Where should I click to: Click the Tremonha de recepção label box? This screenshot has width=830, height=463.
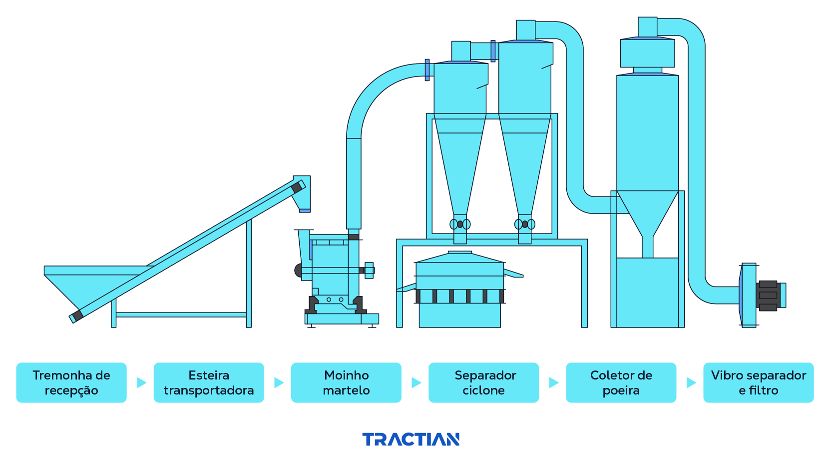[x=71, y=382]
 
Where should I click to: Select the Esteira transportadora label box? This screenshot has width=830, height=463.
[x=209, y=382]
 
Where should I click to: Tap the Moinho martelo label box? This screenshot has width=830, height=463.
[x=346, y=382]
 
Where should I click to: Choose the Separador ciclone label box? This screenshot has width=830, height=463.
[x=483, y=382]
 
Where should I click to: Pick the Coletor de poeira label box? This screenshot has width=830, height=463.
[x=621, y=382]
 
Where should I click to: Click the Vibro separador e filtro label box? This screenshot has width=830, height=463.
[x=758, y=382]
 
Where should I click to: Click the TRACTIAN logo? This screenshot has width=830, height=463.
[x=411, y=439]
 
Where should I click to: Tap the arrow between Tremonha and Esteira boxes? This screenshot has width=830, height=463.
[x=141, y=382]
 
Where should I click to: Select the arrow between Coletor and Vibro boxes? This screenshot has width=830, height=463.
[x=691, y=382]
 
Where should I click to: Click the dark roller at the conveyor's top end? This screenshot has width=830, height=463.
[x=297, y=187]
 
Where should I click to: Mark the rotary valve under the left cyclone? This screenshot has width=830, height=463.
[x=460, y=224]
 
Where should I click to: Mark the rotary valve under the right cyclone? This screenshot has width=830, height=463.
[x=525, y=224]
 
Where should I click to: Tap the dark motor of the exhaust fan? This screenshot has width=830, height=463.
[x=768, y=295]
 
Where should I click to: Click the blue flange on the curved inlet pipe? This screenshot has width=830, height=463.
[x=427, y=70]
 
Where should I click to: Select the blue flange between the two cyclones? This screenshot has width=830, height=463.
[x=493, y=51]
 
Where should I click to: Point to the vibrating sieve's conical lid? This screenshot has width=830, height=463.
[x=459, y=257]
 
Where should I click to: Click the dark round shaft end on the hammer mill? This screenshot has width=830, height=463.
[x=298, y=270]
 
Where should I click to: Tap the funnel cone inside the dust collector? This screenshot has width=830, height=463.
[x=647, y=210]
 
